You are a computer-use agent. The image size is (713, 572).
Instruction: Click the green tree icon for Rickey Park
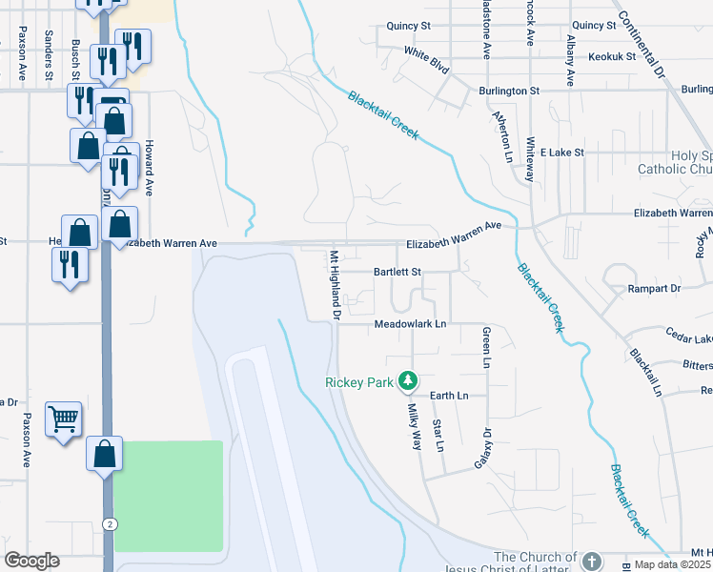[x=408, y=381]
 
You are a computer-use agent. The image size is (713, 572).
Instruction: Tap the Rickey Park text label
[x=358, y=382]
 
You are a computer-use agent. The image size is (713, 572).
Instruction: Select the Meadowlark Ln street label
[x=410, y=324]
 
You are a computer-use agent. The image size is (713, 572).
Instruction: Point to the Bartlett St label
[x=397, y=272]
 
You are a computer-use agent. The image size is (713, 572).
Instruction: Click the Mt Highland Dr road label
[x=335, y=284]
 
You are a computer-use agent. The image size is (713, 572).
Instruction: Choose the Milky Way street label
[x=416, y=425]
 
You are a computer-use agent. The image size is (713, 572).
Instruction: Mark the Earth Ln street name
[x=449, y=395]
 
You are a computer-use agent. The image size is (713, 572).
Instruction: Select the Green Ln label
[x=486, y=348]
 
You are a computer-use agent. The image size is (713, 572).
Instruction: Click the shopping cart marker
[x=63, y=419]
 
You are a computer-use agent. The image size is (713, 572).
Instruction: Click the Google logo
[x=31, y=561]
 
